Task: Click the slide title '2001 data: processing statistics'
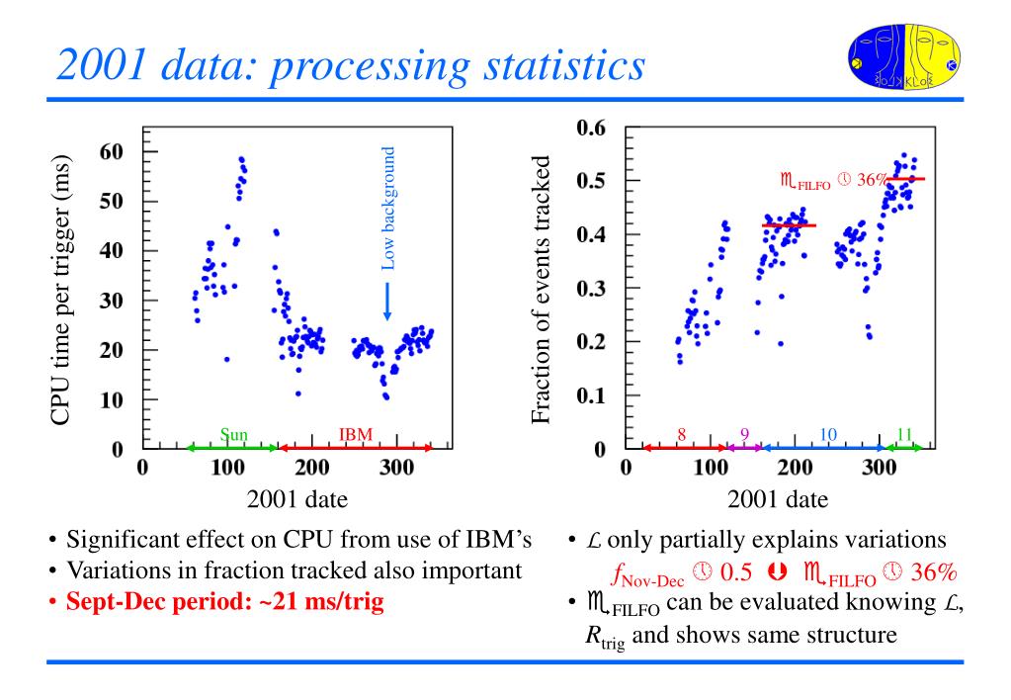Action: click(x=350, y=65)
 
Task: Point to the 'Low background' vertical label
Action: click(x=388, y=209)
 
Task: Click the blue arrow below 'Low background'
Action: click(x=386, y=300)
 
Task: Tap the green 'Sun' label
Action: click(x=234, y=434)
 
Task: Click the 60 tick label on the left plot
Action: click(x=111, y=151)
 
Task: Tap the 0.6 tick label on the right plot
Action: click(x=592, y=128)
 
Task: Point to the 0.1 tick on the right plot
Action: click(x=592, y=396)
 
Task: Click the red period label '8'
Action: click(x=681, y=434)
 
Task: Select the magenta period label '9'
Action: click(x=745, y=434)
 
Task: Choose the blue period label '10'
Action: click(x=828, y=434)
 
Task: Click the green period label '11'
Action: click(x=904, y=434)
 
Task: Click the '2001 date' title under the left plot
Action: click(x=297, y=498)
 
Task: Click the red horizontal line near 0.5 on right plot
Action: click(x=905, y=179)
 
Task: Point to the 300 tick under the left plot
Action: click(x=397, y=467)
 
